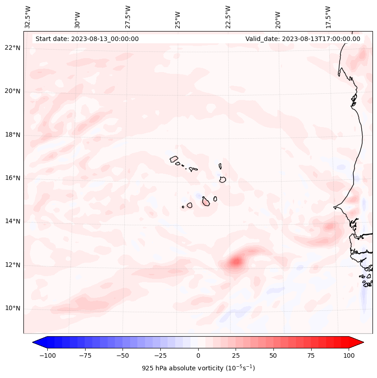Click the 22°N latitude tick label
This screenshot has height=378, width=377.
13,48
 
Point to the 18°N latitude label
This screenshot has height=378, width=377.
13,135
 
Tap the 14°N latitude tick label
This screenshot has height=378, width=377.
13,221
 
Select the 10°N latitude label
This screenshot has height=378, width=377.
13,308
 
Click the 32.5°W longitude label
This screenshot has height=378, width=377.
28,17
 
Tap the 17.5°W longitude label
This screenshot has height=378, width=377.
328,17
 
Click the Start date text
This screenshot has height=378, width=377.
87,39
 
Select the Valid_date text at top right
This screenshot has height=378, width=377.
303,39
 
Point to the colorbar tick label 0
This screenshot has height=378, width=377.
198,355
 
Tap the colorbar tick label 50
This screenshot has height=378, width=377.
273,355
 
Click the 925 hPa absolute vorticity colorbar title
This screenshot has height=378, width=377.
198,368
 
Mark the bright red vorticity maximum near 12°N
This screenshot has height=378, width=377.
236,261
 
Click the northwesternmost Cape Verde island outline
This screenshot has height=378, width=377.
174,159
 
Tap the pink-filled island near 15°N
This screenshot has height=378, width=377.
206,201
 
